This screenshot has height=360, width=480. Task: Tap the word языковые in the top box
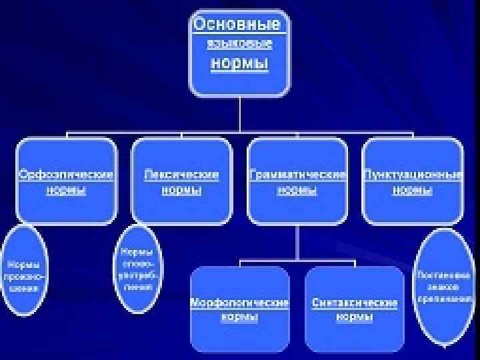pos(239,45)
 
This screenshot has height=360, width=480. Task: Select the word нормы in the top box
pos(239,64)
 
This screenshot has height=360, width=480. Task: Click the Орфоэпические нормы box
pos(66,181)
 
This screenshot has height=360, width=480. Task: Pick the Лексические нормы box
pos(181,181)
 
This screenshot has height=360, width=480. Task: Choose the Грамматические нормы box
pos(297,181)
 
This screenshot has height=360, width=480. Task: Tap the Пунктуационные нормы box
pos(413,181)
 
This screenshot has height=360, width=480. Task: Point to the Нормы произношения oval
pos(23,271)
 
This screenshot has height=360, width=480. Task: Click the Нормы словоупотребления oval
pos(136,269)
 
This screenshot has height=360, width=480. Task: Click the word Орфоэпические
pos(66,175)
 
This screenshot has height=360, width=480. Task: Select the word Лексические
pos(181,175)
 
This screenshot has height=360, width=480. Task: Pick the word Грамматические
pos(297,175)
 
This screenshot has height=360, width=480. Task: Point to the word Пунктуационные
pos(413,175)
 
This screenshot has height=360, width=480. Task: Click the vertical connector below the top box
pos(239,114)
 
